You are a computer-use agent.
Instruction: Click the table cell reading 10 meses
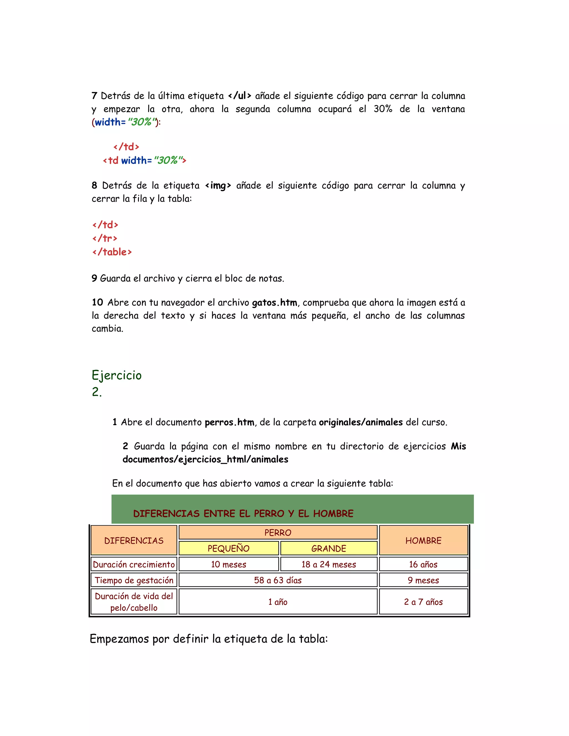[x=229, y=564]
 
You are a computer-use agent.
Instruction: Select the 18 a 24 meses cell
[x=329, y=564]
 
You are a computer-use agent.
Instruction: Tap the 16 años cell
[x=423, y=564]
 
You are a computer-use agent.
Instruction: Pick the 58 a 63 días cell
[x=278, y=580]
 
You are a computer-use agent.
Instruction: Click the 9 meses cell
[x=423, y=580]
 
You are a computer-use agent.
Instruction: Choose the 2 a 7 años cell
[x=423, y=602]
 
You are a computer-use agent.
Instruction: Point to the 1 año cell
[x=278, y=602]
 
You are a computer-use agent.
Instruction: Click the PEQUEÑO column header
[x=229, y=548]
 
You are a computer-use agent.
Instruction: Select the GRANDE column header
[x=329, y=548]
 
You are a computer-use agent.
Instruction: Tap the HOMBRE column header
[x=423, y=540]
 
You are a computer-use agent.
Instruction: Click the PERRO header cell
[x=278, y=532]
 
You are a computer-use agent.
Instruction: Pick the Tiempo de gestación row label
[x=134, y=580]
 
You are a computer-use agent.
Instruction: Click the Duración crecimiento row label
[x=134, y=564]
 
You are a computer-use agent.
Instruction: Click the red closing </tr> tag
[x=105, y=238]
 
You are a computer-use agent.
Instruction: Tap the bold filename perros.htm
[x=229, y=422]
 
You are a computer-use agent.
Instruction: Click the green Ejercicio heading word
[x=117, y=375]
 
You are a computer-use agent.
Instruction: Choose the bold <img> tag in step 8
[x=218, y=185]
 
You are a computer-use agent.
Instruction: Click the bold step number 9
[x=94, y=278]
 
